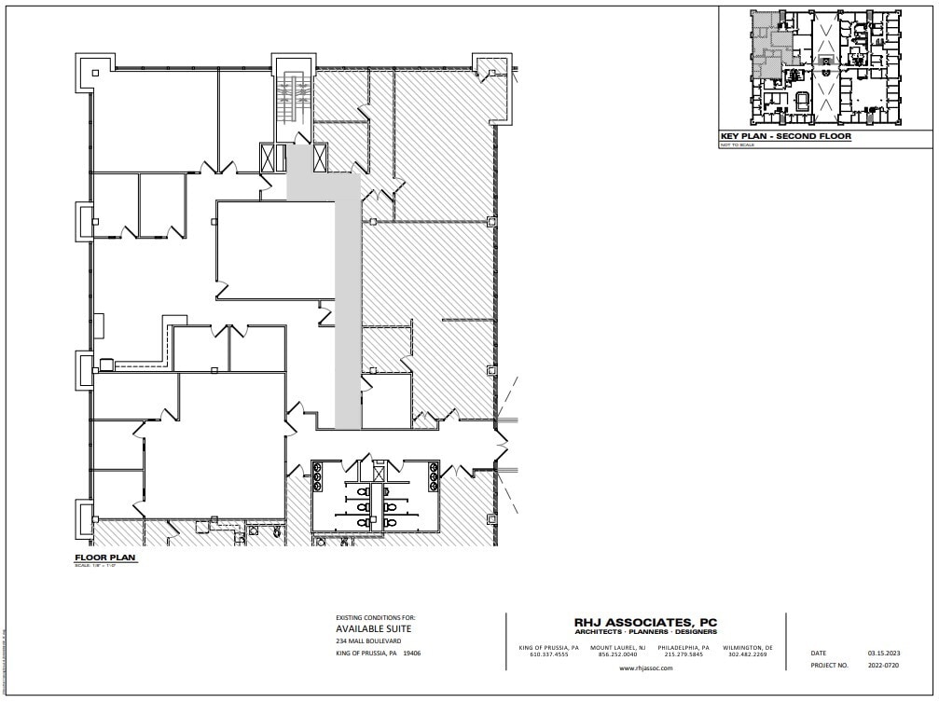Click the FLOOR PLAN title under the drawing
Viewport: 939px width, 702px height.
[x=98, y=558]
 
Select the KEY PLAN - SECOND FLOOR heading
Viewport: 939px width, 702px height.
[x=785, y=136]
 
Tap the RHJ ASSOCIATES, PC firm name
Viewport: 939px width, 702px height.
[x=644, y=623]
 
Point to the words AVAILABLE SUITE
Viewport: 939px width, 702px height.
[x=373, y=628]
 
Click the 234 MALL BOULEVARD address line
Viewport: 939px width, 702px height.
[x=368, y=641]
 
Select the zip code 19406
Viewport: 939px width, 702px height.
[x=411, y=654]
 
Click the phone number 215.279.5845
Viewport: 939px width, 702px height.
[x=684, y=654]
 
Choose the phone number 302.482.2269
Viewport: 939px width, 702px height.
[x=748, y=654]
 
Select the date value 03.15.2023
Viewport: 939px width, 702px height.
[x=882, y=654]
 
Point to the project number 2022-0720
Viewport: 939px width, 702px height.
[x=882, y=666]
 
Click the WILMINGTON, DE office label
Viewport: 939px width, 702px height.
[x=748, y=647]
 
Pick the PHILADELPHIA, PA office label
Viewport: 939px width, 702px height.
[x=684, y=647]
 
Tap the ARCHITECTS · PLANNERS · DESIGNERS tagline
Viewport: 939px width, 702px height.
[x=644, y=633]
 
